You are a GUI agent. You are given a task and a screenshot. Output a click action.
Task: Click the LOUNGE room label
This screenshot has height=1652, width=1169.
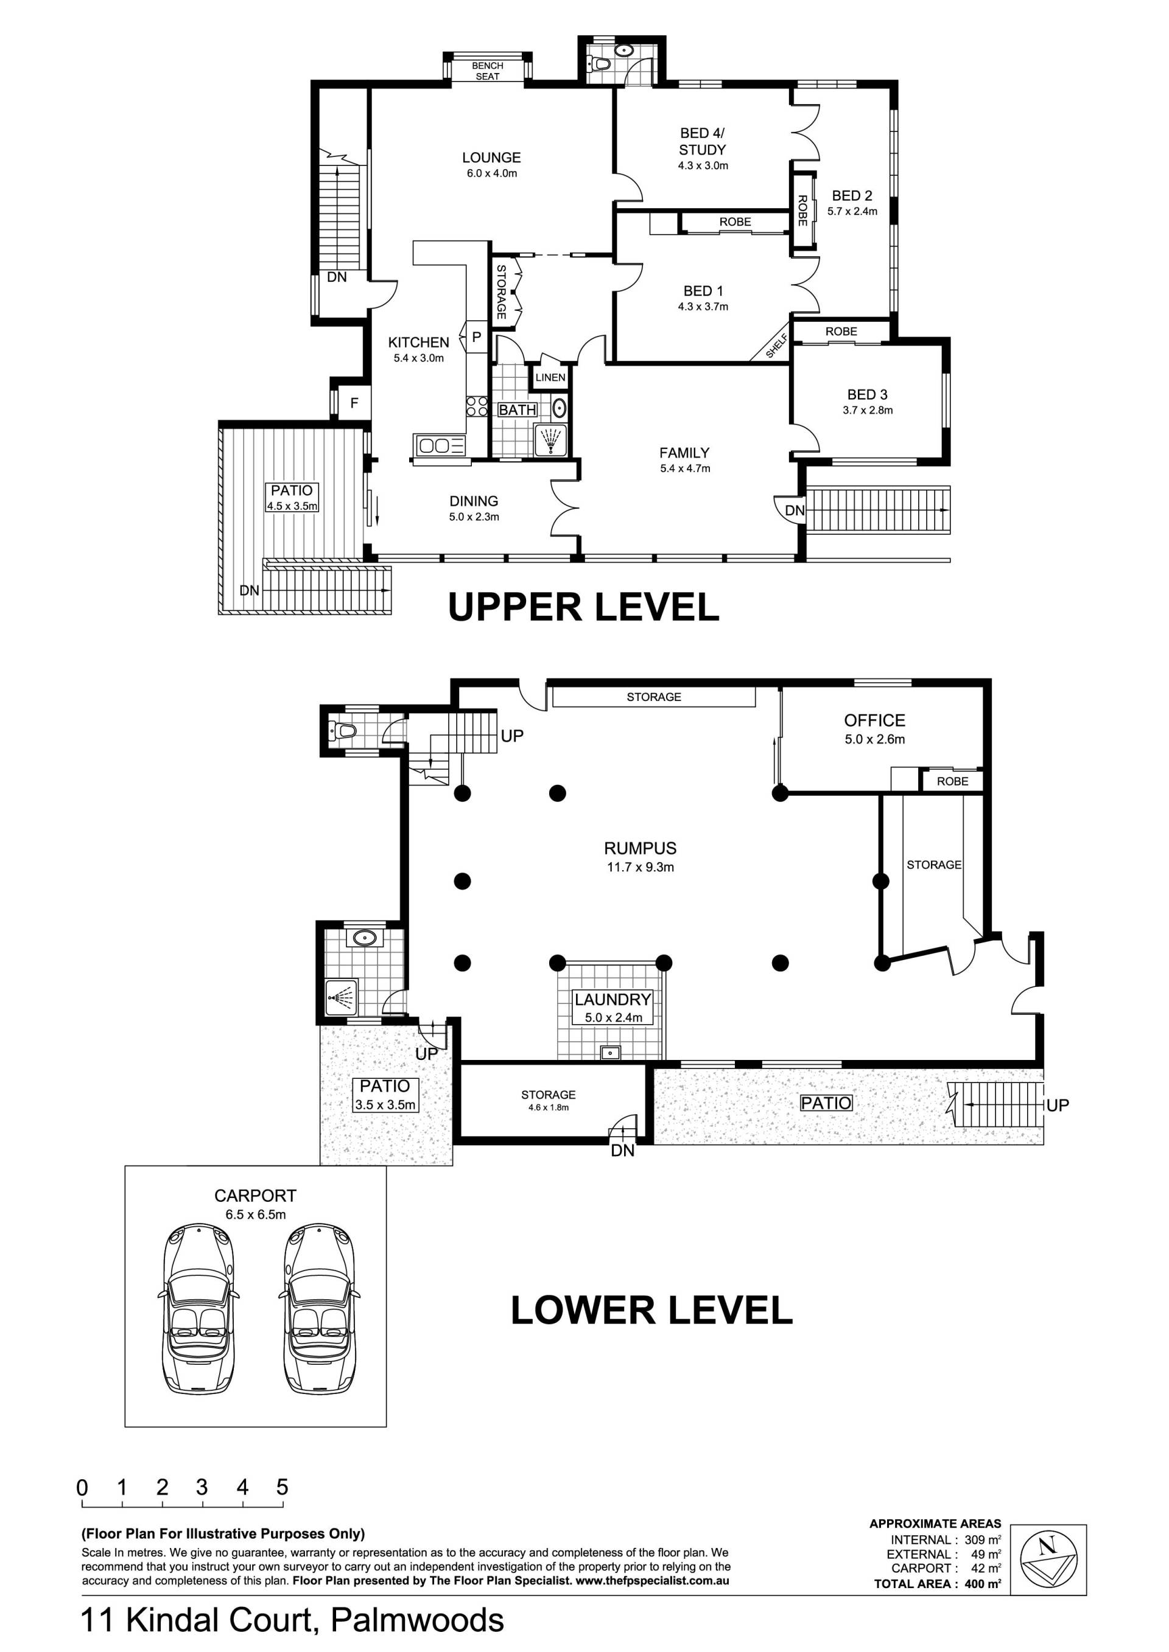pos(491,158)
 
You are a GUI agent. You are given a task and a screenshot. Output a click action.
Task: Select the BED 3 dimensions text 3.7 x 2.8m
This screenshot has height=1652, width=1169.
pos(868,411)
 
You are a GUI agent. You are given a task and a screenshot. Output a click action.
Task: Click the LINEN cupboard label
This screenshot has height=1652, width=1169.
pos(550,378)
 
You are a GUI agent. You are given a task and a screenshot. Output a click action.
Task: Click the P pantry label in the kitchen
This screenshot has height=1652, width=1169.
pos(477,336)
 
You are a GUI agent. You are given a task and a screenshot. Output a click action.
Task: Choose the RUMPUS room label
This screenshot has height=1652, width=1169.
pos(640,848)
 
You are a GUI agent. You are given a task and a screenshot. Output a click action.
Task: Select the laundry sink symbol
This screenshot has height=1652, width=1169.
pos(611,1053)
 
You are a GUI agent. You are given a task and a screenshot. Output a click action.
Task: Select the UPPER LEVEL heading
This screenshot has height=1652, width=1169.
pos(584,607)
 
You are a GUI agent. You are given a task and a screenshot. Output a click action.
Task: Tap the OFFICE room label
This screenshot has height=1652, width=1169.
pos(874,720)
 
